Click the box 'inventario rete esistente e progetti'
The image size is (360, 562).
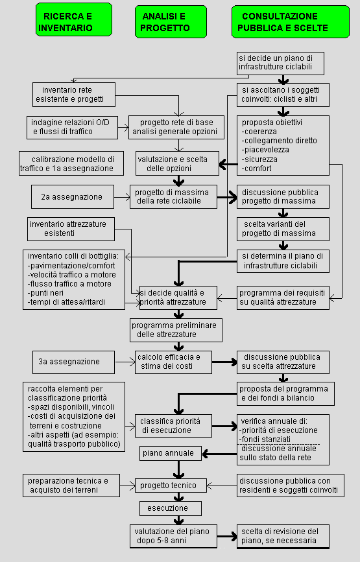74,95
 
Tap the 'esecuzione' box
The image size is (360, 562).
167,508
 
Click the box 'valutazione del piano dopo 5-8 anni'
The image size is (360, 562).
174,535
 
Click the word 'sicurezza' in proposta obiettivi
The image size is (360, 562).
259,159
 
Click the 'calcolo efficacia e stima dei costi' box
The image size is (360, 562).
175,362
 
